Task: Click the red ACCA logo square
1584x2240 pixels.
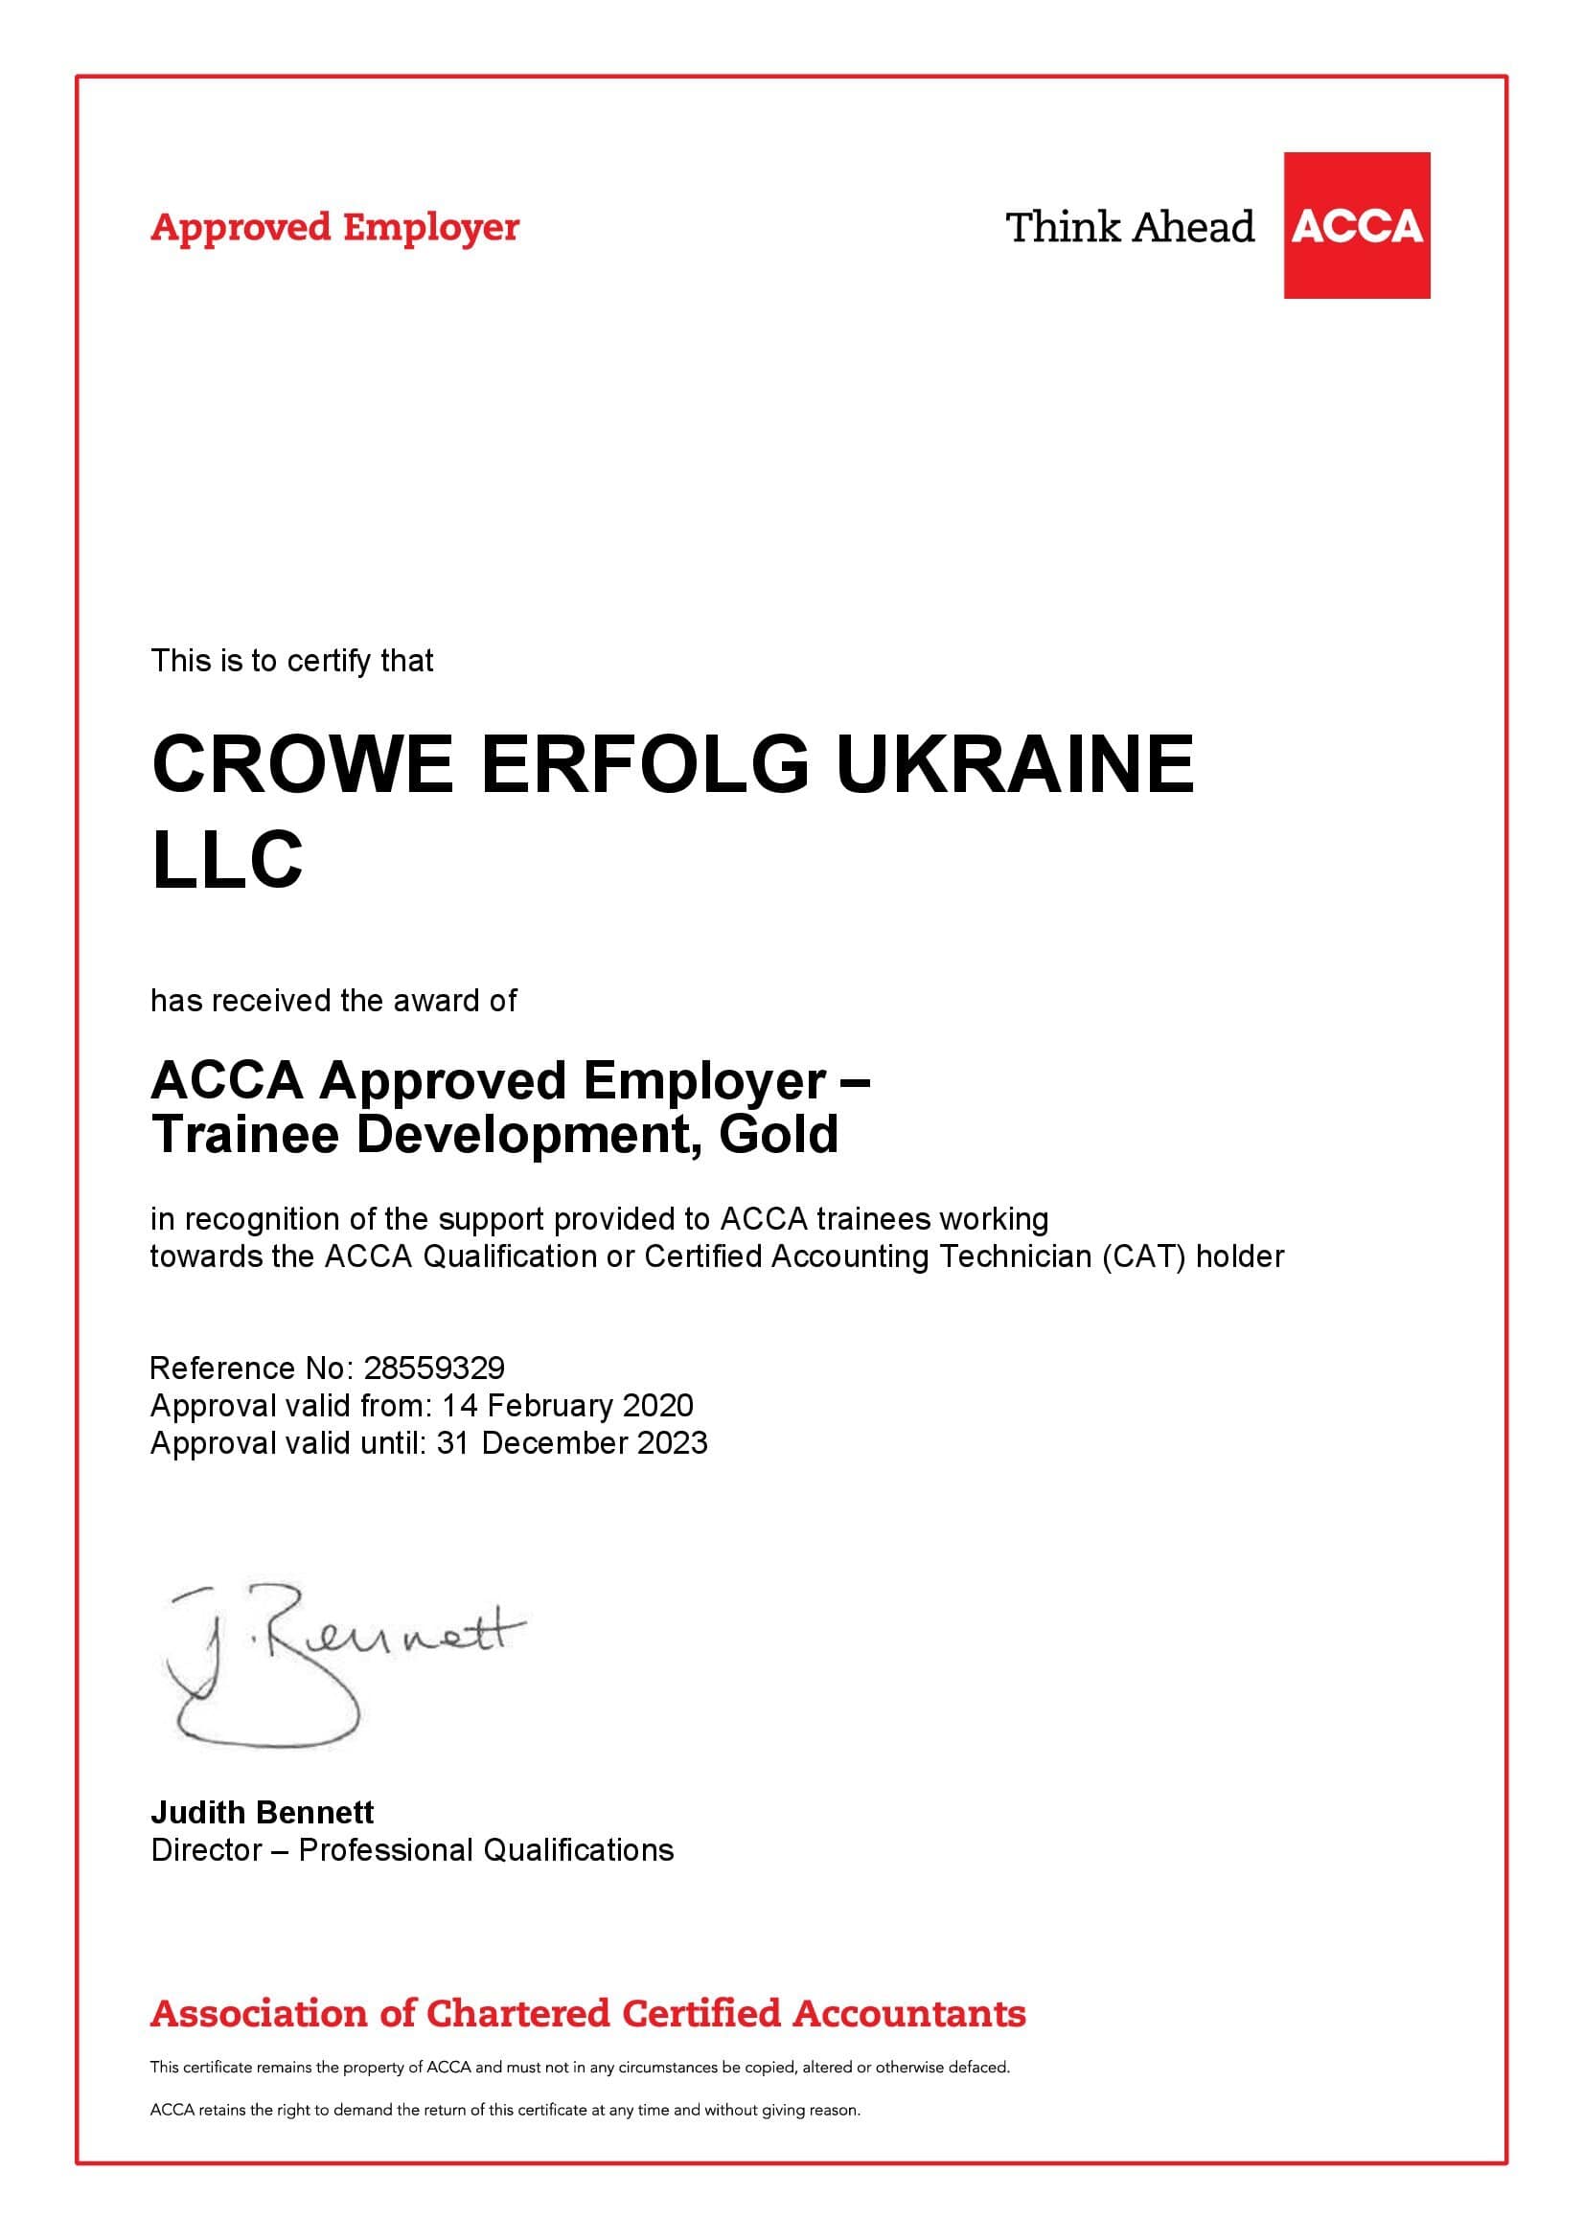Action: point(1356,225)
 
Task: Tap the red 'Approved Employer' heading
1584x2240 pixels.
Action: point(333,227)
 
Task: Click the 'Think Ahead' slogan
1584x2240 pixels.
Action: point(1129,227)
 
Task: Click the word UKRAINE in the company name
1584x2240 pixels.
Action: point(1015,764)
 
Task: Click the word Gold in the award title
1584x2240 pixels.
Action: point(778,1134)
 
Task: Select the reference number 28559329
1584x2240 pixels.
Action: point(434,1368)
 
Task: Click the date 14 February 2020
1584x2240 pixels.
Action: point(567,1405)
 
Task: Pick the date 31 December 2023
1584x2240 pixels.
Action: point(572,1442)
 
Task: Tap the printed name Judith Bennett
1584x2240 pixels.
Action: point(262,1813)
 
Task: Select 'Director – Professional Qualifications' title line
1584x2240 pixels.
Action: point(412,1850)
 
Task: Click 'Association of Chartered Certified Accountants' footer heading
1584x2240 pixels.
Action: point(587,2014)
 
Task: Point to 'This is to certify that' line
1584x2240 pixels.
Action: point(292,661)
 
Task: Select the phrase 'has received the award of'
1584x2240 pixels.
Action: point(333,1000)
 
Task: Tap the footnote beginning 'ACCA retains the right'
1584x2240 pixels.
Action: point(505,2111)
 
